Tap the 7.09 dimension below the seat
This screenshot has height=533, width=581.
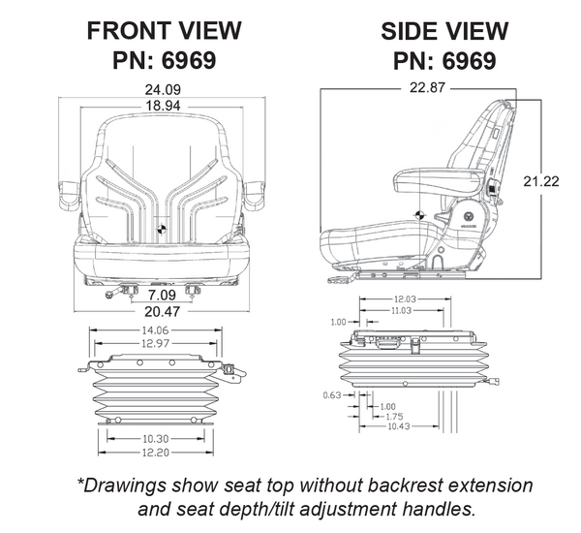point(162,294)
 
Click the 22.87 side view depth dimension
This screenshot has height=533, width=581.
point(418,88)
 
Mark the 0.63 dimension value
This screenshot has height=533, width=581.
point(331,395)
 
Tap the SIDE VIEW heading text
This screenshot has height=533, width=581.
point(444,30)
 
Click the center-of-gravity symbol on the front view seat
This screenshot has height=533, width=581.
point(161,230)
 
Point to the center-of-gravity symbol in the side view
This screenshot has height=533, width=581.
point(419,215)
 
